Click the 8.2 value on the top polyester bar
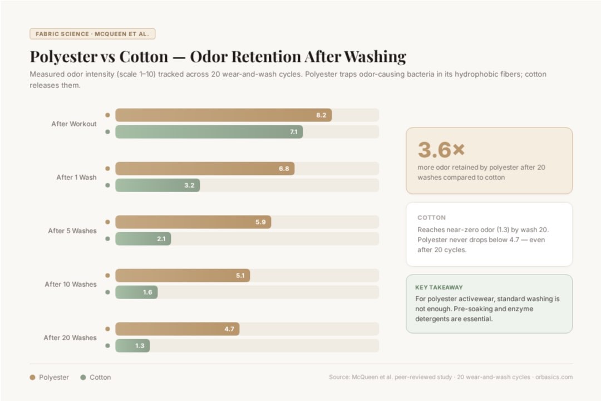tap(321, 115)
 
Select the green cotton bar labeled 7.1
tap(209, 132)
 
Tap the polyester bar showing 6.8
tap(205, 169)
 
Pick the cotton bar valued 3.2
tap(157, 185)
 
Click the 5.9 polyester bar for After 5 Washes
tap(193, 222)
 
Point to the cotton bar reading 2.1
tap(143, 239)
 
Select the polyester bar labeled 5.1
tap(183, 276)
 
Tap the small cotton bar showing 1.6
tap(136, 292)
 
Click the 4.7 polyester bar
tap(177, 329)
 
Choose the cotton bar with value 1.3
tap(132, 346)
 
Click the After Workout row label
tap(74, 124)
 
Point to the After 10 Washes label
tap(71, 284)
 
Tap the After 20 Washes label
tap(70, 338)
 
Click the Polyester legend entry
tap(50, 377)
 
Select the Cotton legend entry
tap(96, 377)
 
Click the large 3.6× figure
tap(441, 149)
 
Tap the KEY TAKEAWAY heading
tap(439, 287)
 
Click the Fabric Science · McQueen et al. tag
tap(92, 34)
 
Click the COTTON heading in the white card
tap(431, 218)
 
